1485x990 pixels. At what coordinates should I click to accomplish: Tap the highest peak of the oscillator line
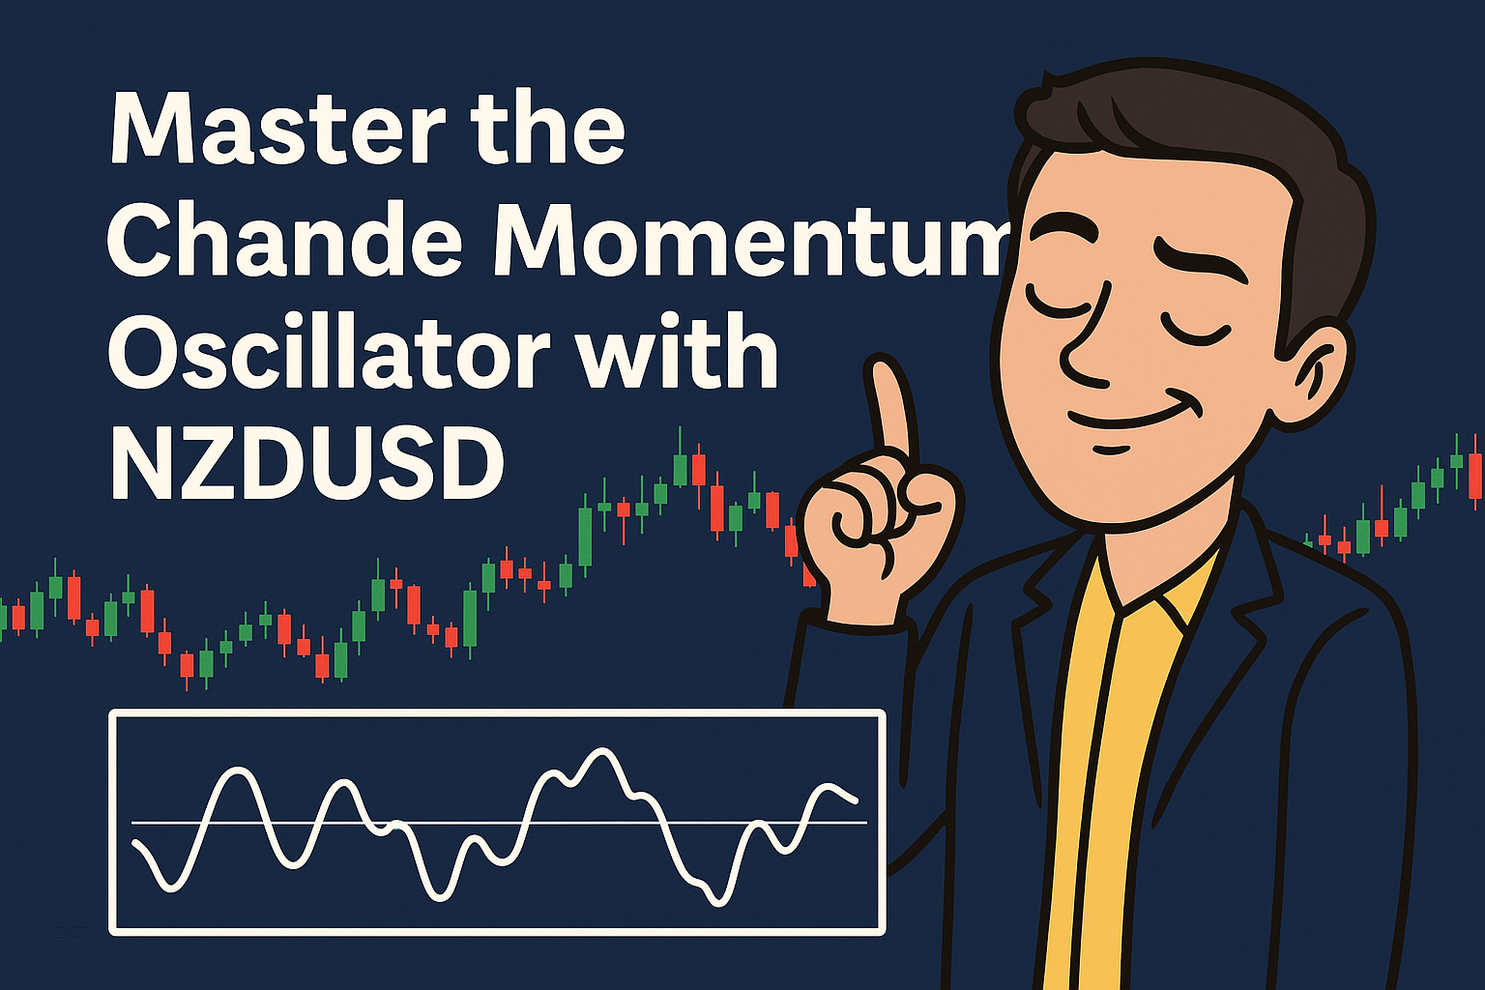tap(602, 751)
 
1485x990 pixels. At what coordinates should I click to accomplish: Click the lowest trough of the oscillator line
tap(717, 902)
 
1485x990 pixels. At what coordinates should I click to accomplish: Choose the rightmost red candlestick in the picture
tap(1475, 474)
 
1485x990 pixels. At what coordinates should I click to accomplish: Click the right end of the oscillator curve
tap(856, 801)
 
